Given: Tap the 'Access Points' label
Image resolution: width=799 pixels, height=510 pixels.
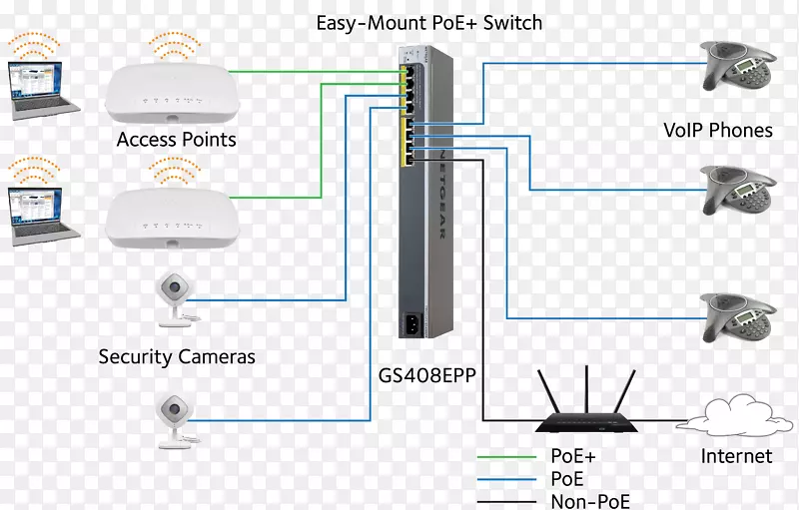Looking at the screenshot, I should (x=176, y=140).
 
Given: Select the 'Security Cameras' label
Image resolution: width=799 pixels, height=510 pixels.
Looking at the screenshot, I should (x=177, y=356).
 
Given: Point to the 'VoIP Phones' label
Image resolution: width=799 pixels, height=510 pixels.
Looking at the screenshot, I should (x=718, y=130).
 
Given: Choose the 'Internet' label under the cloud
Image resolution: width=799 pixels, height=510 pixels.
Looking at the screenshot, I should (x=736, y=456).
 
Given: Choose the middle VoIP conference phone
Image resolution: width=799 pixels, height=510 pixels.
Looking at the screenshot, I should (x=744, y=186).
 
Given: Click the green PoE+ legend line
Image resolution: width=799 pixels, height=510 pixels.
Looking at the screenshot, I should (x=506, y=456).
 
